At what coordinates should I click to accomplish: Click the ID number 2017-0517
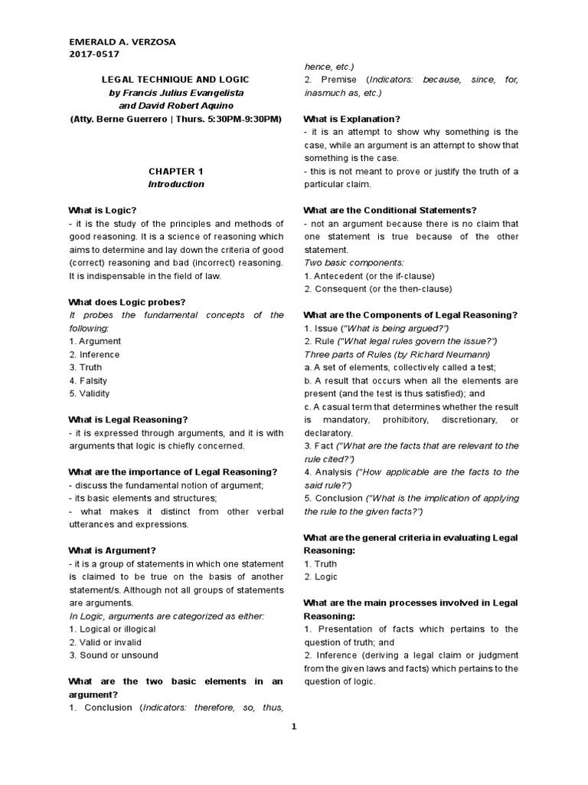point(93,54)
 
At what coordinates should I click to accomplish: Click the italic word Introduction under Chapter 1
point(175,184)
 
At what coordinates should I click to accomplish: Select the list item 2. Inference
point(94,354)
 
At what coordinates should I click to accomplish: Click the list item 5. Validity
point(90,393)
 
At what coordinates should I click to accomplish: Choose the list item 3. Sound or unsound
point(113,655)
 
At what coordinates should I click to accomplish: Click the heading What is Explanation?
point(351,119)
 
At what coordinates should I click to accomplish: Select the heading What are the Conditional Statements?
point(390,210)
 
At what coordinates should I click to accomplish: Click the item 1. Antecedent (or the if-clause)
point(369,275)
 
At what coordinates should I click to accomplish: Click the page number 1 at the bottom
point(293,727)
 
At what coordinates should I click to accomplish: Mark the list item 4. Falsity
point(88,380)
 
